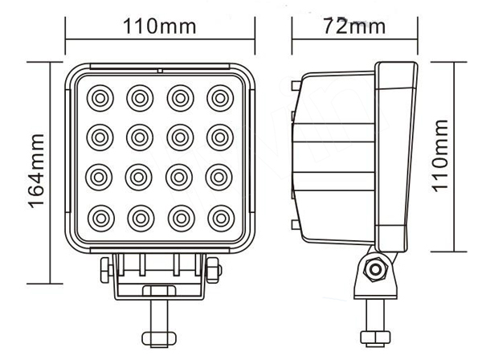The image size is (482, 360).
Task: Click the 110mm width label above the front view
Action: click(158, 27)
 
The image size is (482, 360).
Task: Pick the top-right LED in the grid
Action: click(219, 98)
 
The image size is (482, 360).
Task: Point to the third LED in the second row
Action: click(179, 137)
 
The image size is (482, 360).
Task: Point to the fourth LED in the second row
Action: click(219, 137)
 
